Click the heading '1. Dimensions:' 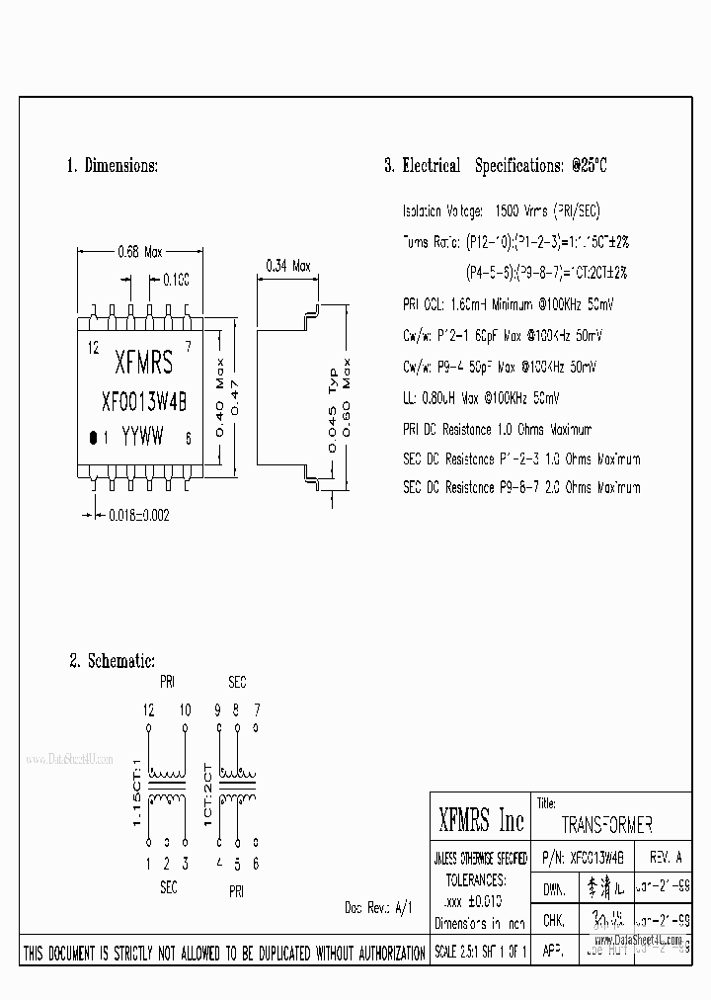pos(112,166)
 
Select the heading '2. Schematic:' pos(112,661)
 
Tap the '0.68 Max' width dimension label pos(139,252)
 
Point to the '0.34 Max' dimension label pos(288,266)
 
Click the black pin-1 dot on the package pos(93,437)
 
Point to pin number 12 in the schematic pos(148,709)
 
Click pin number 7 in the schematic pos(257,709)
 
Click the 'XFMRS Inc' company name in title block pos(480,819)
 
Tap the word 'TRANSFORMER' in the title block pos(605,825)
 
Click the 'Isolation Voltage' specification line pos(502,211)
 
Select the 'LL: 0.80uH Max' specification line pos(481,398)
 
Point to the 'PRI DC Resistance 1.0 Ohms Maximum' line pos(497,430)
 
